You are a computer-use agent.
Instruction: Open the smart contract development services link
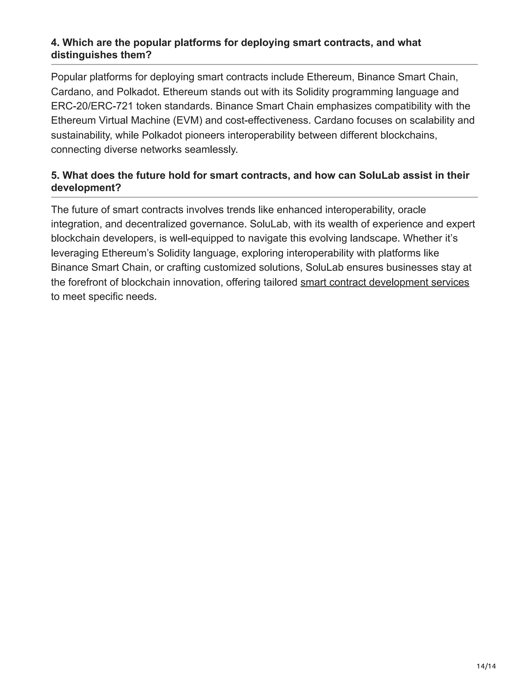pyautogui.click(x=385, y=282)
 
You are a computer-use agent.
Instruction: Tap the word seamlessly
pyautogui.click(x=211, y=150)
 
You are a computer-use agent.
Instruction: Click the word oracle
pyautogui.click(x=411, y=210)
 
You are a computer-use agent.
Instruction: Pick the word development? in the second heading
pyautogui.click(x=86, y=188)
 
